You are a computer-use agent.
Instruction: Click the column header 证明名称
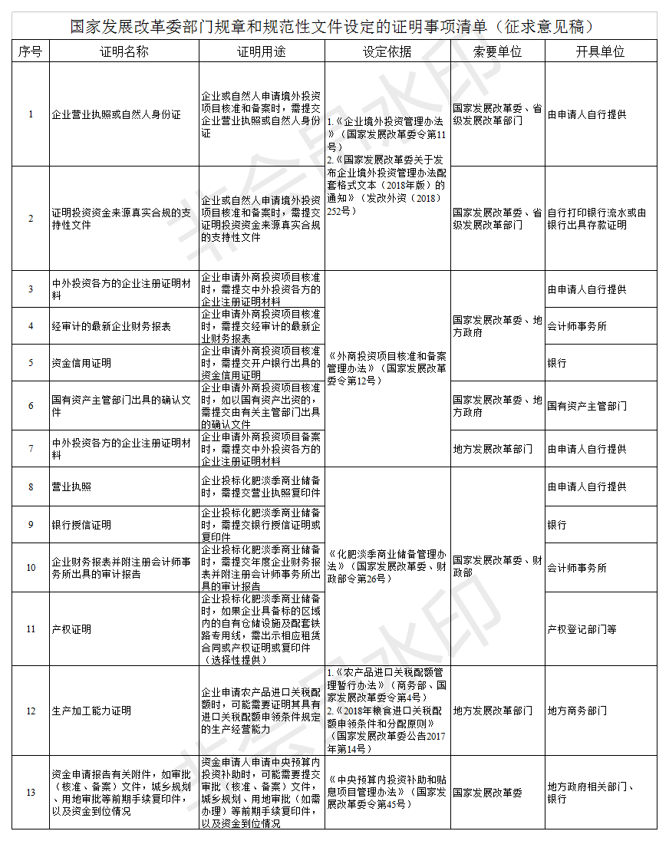click(124, 51)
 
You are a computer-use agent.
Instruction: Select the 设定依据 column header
click(387, 51)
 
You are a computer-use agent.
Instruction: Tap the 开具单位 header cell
click(600, 51)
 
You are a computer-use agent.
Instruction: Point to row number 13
click(31, 793)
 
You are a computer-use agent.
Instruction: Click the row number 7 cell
click(31, 449)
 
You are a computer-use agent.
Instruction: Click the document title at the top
click(333, 26)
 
